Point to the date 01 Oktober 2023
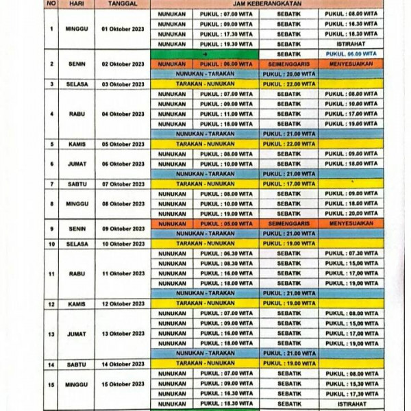123,29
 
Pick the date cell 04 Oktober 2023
123,114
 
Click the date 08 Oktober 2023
123,203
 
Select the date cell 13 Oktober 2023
123,334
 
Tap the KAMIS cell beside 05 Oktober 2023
77,144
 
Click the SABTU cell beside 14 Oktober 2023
77,364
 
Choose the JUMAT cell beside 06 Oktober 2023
77,164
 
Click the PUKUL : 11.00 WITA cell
226,114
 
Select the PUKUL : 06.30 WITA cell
226,253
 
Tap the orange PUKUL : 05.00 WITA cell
226,224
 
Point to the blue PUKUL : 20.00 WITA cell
288,74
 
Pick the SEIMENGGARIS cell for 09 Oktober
288,224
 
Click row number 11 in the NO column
51,273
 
